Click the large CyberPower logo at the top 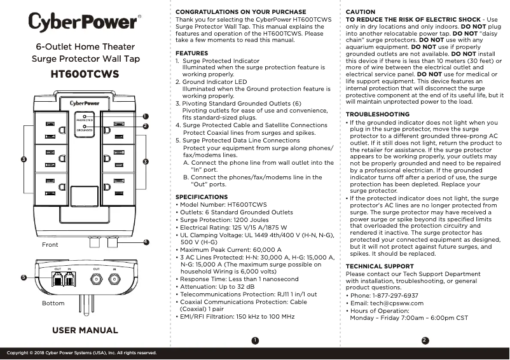[83, 22]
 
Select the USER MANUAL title [85, 330]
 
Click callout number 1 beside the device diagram [146, 116]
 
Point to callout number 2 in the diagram [146, 127]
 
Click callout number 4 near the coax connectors [146, 242]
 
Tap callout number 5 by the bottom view [24, 278]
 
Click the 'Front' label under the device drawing [50, 245]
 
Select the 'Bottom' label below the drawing [53, 303]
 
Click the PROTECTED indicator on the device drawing [85, 119]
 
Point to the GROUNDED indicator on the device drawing [85, 128]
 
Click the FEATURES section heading [191, 53]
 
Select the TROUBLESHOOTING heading [377, 114]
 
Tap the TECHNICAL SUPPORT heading [379, 267]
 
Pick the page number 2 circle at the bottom [425, 340]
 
